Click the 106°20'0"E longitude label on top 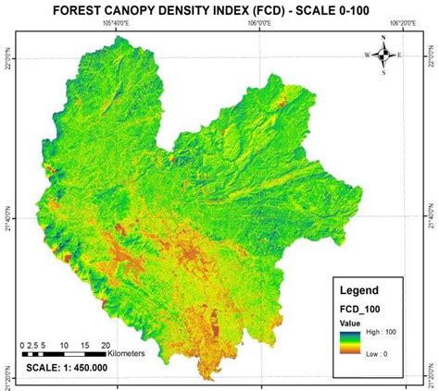coord(406,29)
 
